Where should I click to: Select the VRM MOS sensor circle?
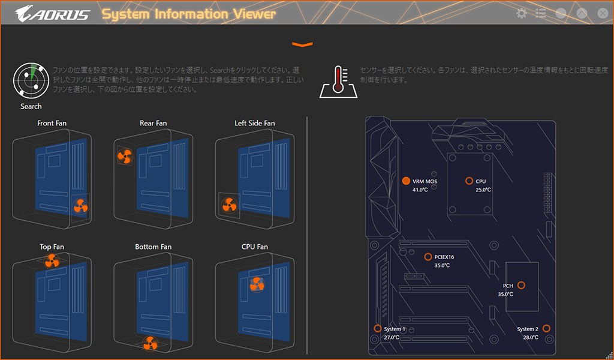pyautogui.click(x=406, y=181)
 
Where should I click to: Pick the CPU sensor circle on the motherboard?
pyautogui.click(x=469, y=181)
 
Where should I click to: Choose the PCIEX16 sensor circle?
pyautogui.click(x=428, y=257)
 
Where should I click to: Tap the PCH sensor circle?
pyautogui.click(x=521, y=285)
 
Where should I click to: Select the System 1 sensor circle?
pyautogui.click(x=378, y=328)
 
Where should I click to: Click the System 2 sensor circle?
pyautogui.click(x=546, y=329)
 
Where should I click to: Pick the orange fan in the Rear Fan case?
pyautogui.click(x=124, y=157)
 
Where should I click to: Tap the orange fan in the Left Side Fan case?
pyautogui.click(x=229, y=205)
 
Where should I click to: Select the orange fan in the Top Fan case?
pyautogui.click(x=52, y=260)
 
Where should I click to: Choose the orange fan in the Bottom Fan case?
pyautogui.click(x=149, y=344)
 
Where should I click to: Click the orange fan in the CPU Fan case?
pyautogui.click(x=257, y=284)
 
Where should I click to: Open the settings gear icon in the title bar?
pyautogui.click(x=522, y=13)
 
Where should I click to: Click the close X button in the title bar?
pyautogui.click(x=602, y=13)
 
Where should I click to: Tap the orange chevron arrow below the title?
pyautogui.click(x=303, y=44)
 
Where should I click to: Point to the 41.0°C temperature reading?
pyautogui.click(x=420, y=190)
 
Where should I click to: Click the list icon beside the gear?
pyautogui.click(x=541, y=13)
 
